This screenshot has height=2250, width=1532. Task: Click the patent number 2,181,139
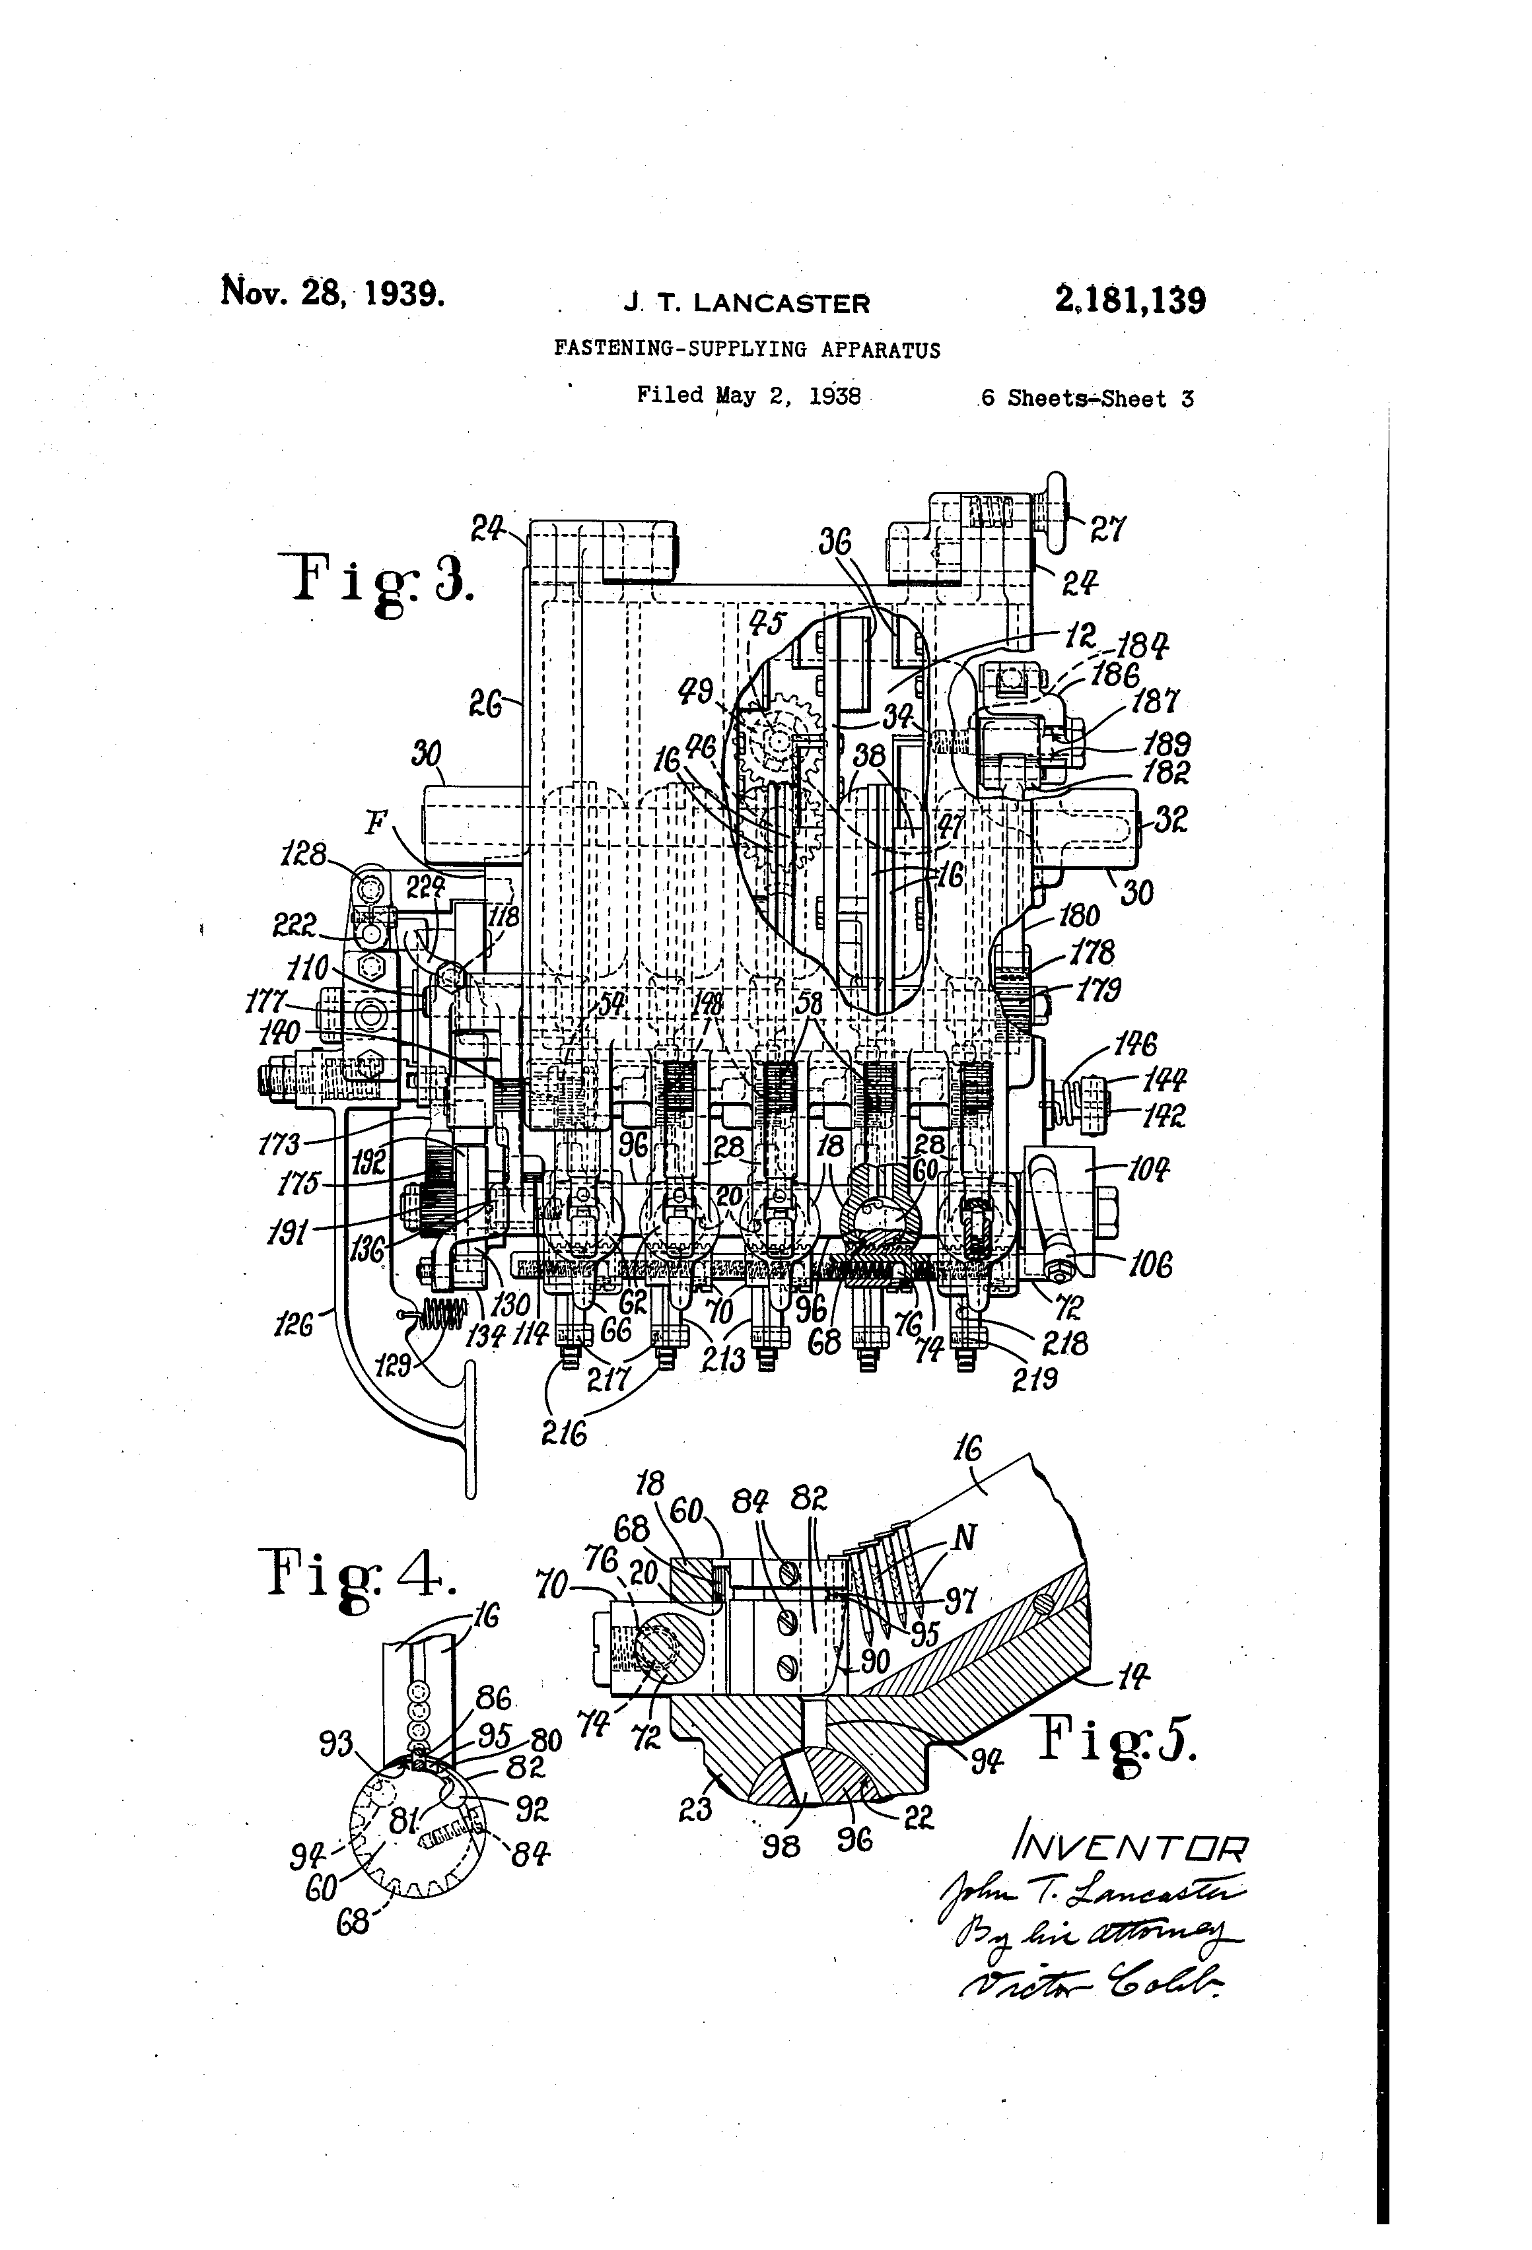tap(1130, 301)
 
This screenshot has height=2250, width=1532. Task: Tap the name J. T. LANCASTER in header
tap(747, 303)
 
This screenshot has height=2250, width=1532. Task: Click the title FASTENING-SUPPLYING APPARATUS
tap(747, 349)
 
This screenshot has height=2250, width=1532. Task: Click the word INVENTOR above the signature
tap(1127, 1849)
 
